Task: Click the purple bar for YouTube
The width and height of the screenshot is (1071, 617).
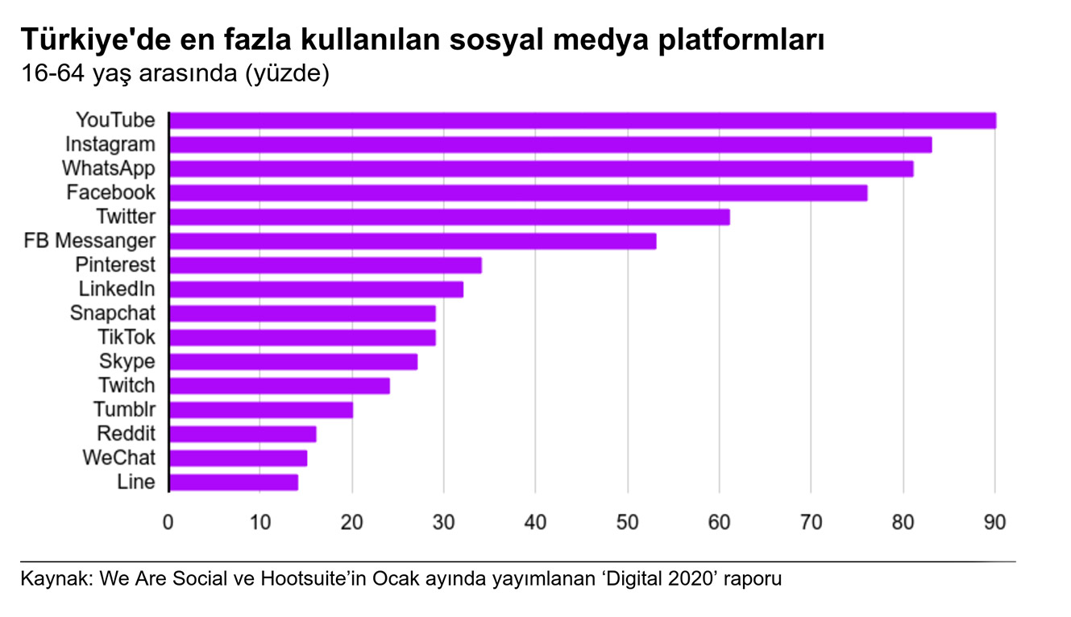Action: pos(582,121)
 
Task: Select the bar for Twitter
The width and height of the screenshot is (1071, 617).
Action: pos(450,217)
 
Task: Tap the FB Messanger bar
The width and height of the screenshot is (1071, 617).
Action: pos(413,241)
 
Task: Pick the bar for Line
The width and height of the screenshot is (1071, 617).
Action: pos(234,482)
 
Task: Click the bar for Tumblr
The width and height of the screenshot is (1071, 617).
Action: pos(261,410)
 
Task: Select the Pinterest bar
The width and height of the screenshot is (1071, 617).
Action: pos(326,265)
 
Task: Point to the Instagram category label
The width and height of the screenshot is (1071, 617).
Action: pos(110,145)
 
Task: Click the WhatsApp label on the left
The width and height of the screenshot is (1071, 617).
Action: pos(109,169)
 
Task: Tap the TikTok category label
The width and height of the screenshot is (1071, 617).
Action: pos(127,337)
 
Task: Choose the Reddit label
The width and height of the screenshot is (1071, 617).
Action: pos(126,434)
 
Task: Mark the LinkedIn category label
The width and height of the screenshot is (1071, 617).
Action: pos(117,289)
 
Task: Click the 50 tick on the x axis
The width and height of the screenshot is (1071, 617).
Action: pos(628,523)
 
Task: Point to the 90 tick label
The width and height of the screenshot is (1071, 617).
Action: pos(995,523)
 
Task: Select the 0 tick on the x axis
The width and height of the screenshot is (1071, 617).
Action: pos(168,523)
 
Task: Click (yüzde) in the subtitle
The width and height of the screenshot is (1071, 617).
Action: pos(289,73)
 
